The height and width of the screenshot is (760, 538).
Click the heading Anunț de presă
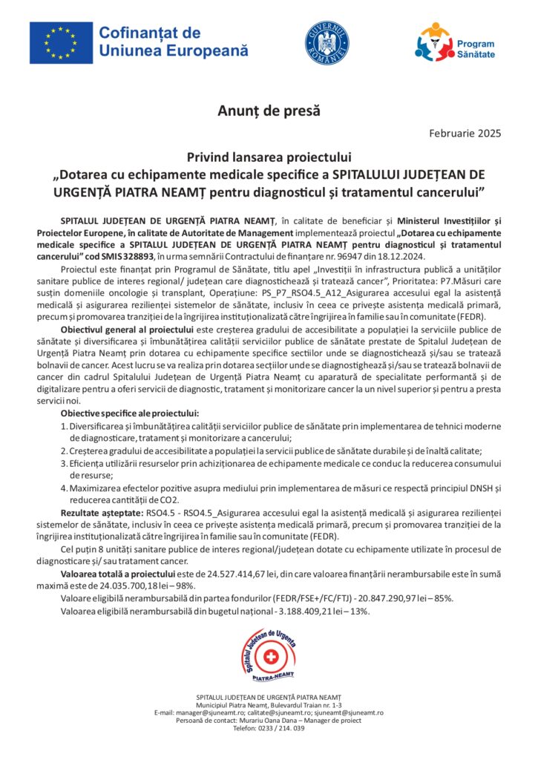point(269,111)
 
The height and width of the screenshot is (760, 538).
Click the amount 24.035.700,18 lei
point(111,585)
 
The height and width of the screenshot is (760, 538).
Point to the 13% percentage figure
point(359,610)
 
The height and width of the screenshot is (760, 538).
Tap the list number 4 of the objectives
point(64,488)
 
